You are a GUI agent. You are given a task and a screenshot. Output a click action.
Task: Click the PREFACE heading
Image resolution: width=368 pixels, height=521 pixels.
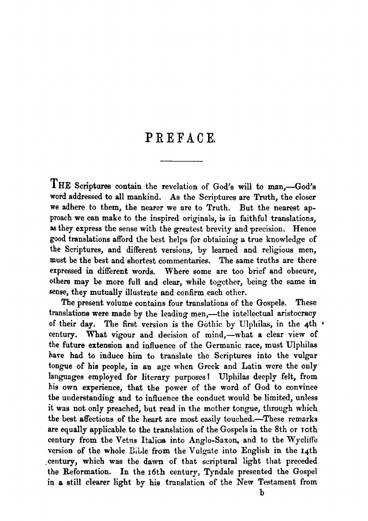tap(180, 140)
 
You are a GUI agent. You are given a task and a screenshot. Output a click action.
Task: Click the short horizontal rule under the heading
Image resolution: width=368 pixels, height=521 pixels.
tap(180, 162)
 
